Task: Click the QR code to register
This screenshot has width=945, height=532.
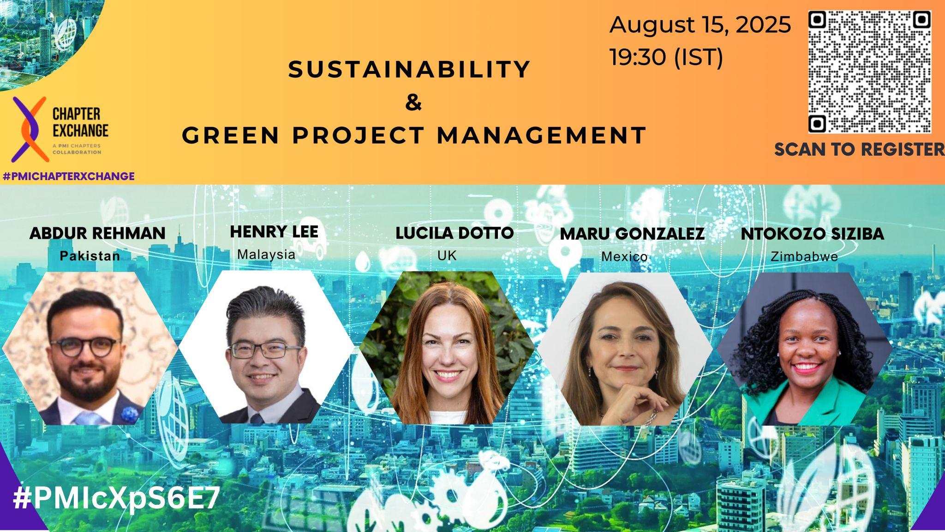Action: (x=870, y=72)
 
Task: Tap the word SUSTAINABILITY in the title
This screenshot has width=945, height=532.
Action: (x=410, y=70)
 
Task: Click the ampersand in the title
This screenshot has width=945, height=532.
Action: (x=413, y=103)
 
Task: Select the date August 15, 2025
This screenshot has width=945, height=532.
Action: (x=700, y=25)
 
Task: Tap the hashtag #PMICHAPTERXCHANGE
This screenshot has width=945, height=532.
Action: (x=69, y=176)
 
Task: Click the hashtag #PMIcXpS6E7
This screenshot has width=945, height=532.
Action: (x=116, y=499)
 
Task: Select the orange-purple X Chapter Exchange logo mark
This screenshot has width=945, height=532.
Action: (x=30, y=129)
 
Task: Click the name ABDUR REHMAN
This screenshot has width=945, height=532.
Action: (x=97, y=234)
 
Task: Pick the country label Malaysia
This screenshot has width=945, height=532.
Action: (x=266, y=254)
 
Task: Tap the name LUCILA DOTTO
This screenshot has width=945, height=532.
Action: (x=455, y=233)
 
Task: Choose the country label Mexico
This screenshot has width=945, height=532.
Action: (x=624, y=257)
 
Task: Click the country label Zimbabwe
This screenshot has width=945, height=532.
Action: (x=804, y=257)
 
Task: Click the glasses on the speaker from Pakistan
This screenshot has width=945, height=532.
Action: (x=86, y=347)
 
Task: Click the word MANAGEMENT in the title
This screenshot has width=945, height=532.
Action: (x=542, y=135)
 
